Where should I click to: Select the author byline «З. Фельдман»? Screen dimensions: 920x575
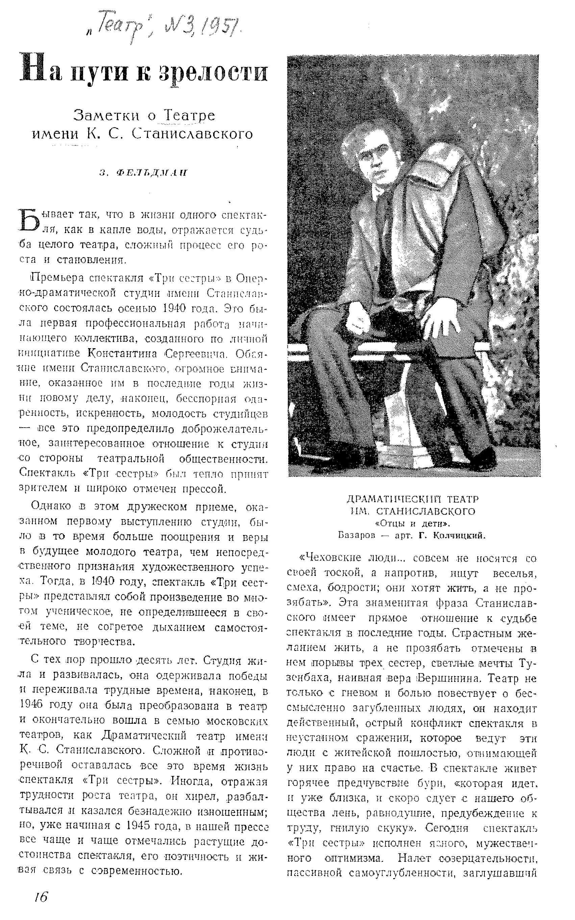[143, 173]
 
